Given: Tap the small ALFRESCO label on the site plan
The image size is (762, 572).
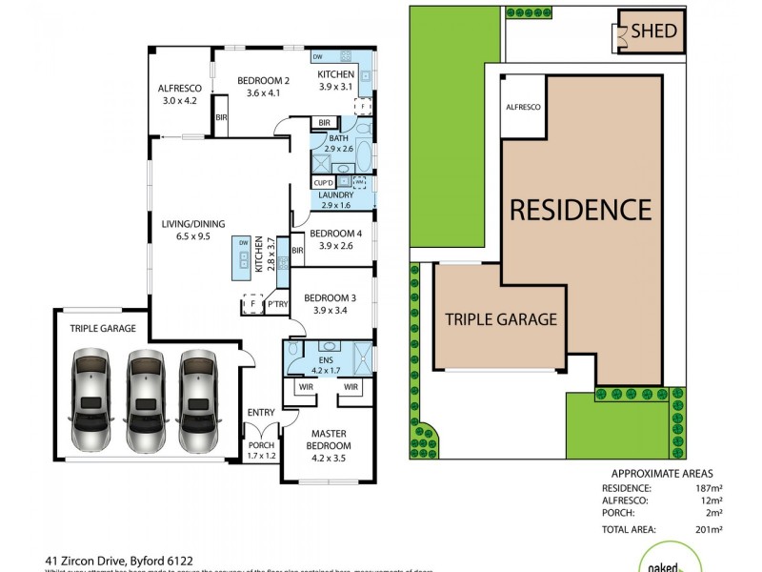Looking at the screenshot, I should (x=523, y=108).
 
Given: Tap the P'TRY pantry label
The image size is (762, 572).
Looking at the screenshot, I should (x=277, y=304).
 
